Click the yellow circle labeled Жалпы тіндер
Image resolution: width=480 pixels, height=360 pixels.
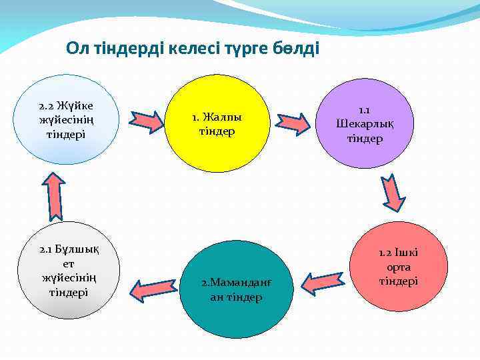tap(217, 123)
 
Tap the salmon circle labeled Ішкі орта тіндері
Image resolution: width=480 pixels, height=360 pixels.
tap(399, 265)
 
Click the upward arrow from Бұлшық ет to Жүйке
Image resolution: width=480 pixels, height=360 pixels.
tap(55, 197)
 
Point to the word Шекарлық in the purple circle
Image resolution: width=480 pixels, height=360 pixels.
tap(365, 124)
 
